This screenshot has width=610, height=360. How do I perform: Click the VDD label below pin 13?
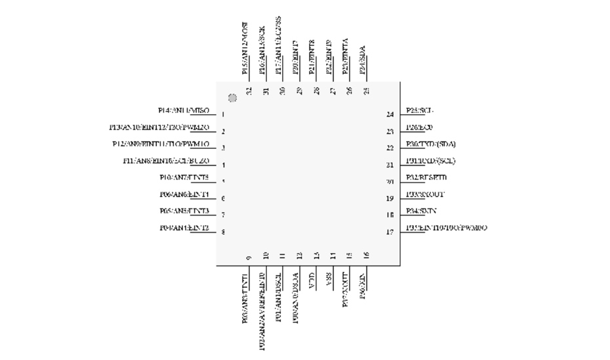tap(314, 277)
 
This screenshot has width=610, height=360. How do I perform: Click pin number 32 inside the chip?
tap(249, 91)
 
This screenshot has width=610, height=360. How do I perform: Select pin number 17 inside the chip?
tap(390, 231)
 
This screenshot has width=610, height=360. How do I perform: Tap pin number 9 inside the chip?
tap(249, 257)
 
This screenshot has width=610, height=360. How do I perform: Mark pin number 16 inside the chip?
tap(366, 256)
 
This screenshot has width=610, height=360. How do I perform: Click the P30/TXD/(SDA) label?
tap(430, 144)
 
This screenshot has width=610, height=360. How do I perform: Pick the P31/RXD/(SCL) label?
tap(430, 161)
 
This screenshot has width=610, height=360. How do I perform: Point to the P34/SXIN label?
tap(421, 211)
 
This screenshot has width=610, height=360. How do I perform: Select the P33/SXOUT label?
tap(424, 195)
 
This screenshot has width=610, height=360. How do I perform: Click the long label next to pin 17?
tap(446, 228)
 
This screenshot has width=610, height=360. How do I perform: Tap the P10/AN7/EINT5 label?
tap(184, 178)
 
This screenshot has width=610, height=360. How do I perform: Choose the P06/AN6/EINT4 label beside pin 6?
tap(184, 195)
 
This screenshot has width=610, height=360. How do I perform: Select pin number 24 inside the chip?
tap(390, 115)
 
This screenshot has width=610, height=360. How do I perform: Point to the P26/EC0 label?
tap(419, 127)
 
